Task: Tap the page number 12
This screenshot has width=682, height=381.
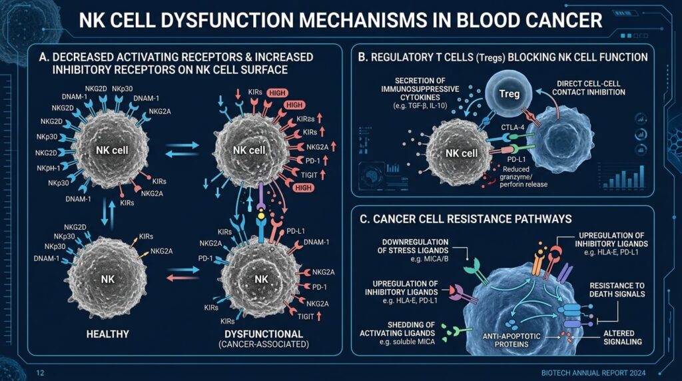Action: pyautogui.click(x=41, y=373)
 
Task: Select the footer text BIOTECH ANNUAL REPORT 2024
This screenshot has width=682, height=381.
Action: pyautogui.click(x=593, y=373)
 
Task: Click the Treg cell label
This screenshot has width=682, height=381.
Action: pyautogui.click(x=510, y=93)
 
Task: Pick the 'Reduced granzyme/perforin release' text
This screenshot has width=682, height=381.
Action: pyautogui.click(x=523, y=177)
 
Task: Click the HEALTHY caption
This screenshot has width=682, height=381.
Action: pyautogui.click(x=107, y=334)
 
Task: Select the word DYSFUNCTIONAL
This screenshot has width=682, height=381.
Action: pyautogui.click(x=264, y=334)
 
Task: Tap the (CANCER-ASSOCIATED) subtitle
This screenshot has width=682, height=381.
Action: pyautogui.click(x=264, y=344)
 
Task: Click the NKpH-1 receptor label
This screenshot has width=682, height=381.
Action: pyautogui.click(x=48, y=168)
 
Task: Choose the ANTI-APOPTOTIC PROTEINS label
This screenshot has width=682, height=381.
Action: pyautogui.click(x=511, y=340)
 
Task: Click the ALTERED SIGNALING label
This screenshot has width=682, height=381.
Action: pyautogui.click(x=623, y=338)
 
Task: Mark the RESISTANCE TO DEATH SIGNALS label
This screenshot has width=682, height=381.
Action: pyautogui.click(x=617, y=290)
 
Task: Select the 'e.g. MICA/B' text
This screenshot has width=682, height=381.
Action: pyautogui.click(x=430, y=259)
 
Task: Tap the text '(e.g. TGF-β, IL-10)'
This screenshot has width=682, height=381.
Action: pyautogui.click(x=420, y=106)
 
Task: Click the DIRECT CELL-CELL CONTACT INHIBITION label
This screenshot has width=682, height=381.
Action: pyautogui.click(x=589, y=88)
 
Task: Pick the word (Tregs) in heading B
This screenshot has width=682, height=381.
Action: pyautogui.click(x=491, y=57)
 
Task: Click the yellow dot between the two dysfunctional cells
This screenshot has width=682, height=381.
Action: pyautogui.click(x=261, y=215)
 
